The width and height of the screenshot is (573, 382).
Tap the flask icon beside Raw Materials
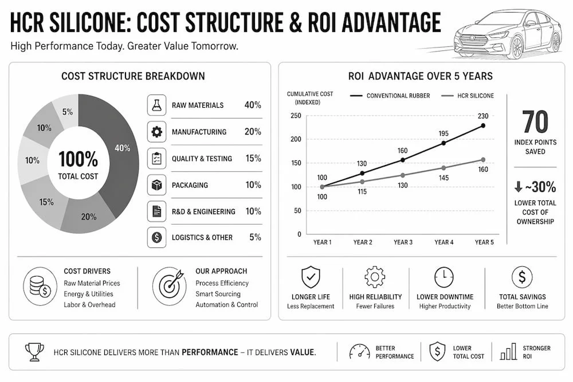[157, 105]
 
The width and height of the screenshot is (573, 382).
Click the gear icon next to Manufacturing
[157, 132]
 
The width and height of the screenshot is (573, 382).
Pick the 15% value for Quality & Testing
[253, 158]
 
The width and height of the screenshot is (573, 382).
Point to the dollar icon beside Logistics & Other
[157, 237]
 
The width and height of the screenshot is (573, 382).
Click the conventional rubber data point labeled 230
[483, 125]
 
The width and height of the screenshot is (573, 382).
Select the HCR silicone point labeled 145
[444, 168]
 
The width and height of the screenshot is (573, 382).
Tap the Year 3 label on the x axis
[403, 242]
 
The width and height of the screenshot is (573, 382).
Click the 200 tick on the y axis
[296, 139]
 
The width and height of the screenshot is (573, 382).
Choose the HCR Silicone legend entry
[468, 96]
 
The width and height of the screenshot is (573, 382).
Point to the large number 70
[535, 122]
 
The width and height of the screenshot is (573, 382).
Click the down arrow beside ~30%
[518, 187]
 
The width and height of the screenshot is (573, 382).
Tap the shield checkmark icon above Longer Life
[311, 277]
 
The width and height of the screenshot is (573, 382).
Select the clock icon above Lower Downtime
[444, 277]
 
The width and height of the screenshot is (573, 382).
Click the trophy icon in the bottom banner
[34, 352]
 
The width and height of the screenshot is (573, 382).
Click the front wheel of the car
[517, 47]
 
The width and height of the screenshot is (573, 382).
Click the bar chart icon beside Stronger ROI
[508, 351]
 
